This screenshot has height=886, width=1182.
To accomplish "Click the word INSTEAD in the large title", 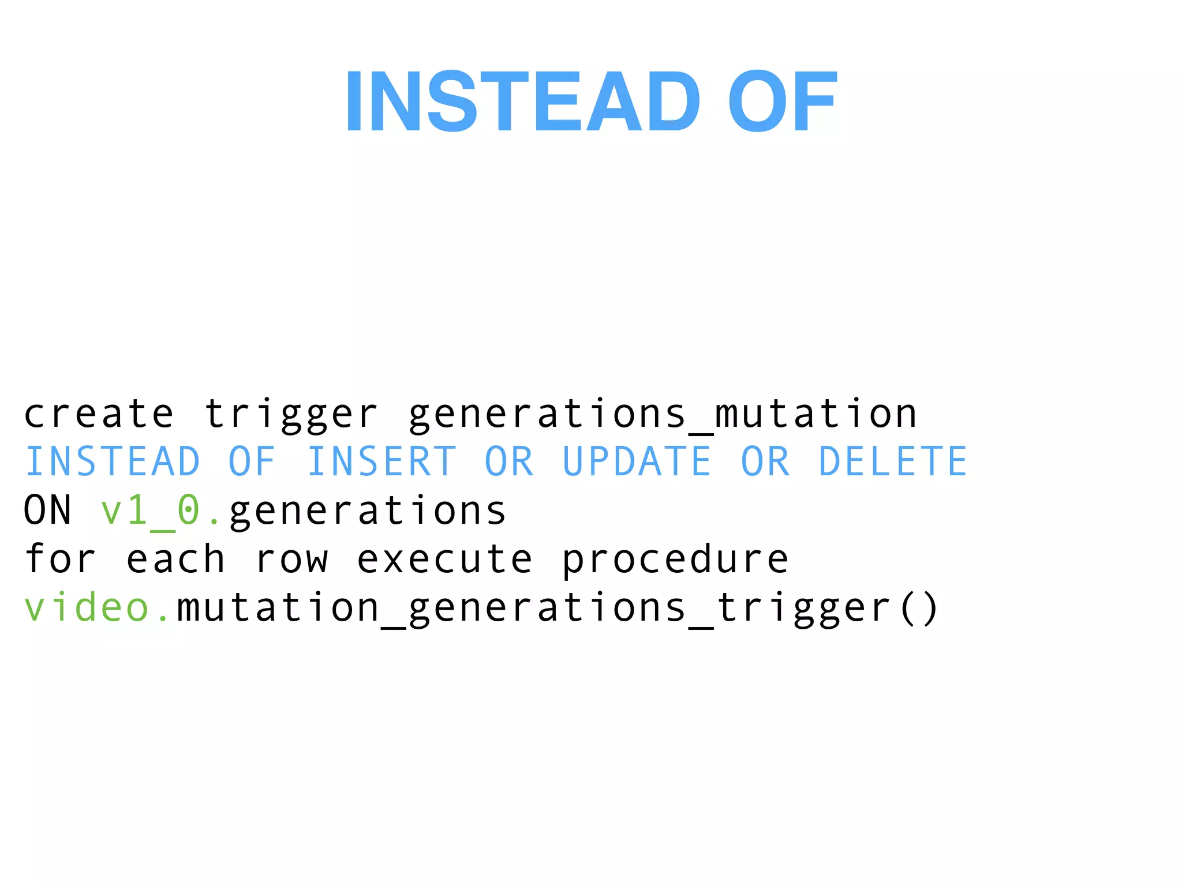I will pyautogui.click(x=522, y=102).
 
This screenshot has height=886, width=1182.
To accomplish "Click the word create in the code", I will pyautogui.click(x=99, y=414).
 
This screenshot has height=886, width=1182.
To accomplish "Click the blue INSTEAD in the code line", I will pyautogui.click(x=113, y=462).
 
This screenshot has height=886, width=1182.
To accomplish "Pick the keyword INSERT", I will pyautogui.click(x=381, y=462).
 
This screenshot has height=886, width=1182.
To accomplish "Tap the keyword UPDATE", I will pyautogui.click(x=637, y=462).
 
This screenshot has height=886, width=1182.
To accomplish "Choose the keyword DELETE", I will pyautogui.click(x=893, y=462).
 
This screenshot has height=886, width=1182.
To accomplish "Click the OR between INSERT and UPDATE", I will pyautogui.click(x=509, y=462).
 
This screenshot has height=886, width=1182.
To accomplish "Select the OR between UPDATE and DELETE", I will pyautogui.click(x=765, y=462).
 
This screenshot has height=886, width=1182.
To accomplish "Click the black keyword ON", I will pyautogui.click(x=48, y=510).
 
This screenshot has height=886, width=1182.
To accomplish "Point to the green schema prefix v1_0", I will pyautogui.click(x=156, y=510).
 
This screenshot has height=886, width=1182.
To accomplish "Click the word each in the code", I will pyautogui.click(x=175, y=559).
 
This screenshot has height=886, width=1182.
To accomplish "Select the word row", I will pyautogui.click(x=291, y=559).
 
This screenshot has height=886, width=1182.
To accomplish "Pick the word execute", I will pyautogui.click(x=444, y=559).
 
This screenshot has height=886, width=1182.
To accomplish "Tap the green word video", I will pyautogui.click(x=87, y=607).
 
